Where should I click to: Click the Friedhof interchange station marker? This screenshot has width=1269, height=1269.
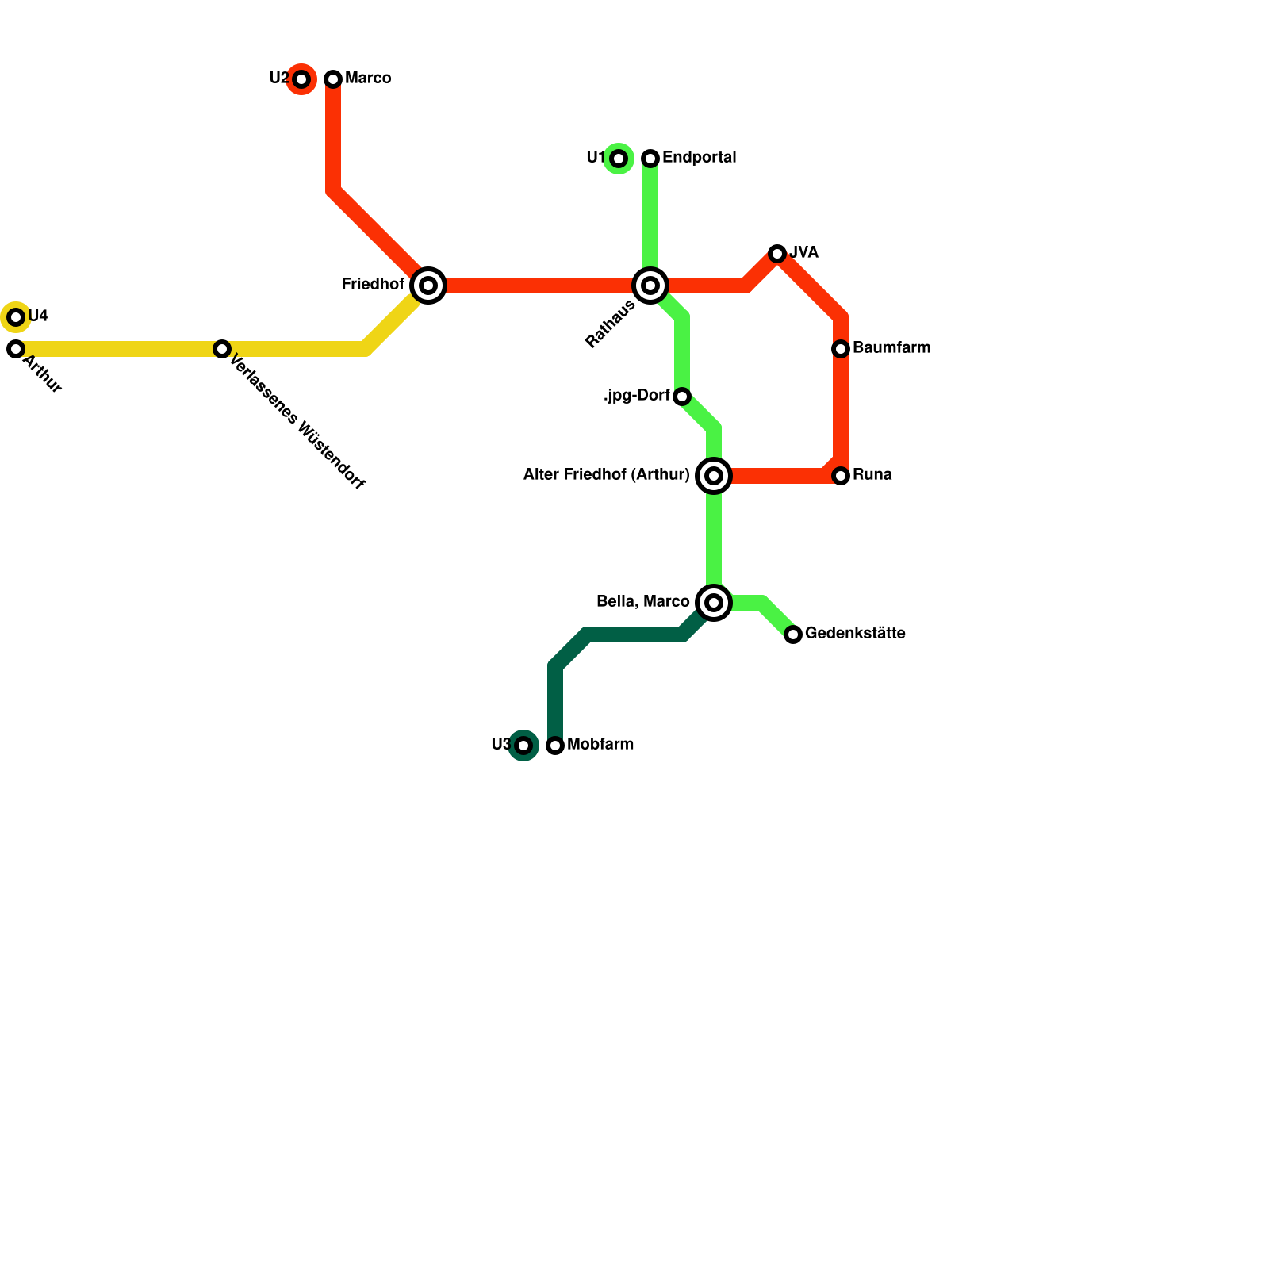pos(428,286)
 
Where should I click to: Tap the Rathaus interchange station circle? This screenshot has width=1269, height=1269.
pos(650,286)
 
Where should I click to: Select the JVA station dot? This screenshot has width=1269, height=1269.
pos(777,254)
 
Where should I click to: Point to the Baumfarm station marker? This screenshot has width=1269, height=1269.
pos(841,349)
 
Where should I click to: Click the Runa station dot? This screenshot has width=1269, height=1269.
pos(841,476)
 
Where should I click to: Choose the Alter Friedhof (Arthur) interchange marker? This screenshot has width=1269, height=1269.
pos(714,476)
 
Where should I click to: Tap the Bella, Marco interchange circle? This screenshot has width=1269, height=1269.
pos(714,603)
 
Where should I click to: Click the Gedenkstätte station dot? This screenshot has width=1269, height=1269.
pos(793,634)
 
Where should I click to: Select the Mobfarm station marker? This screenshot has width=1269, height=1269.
pos(555,746)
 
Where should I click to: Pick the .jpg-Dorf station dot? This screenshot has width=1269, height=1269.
pos(682,397)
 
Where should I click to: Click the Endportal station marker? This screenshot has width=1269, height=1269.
pos(650,159)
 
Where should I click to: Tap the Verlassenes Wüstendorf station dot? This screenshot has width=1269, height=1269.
pos(222,349)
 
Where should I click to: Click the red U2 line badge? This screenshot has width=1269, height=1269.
pos(301,79)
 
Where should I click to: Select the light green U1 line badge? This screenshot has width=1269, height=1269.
pos(619,159)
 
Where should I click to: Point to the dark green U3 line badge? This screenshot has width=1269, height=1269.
pos(523,746)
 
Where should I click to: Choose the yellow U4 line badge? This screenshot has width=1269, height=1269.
pos(16,317)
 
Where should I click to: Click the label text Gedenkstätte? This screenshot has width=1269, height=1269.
pos(855,634)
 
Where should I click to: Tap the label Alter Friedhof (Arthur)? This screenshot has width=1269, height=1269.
pos(607,475)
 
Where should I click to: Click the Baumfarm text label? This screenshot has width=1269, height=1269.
pos(891,348)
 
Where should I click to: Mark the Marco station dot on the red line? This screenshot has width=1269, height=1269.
pos(333,79)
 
